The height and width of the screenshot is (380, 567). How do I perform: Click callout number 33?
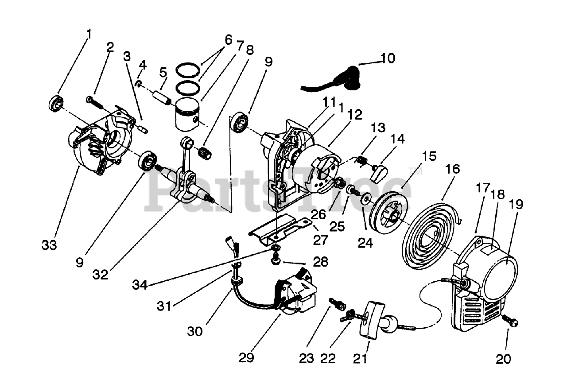pos(50,244)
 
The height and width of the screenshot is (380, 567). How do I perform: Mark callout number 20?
pos(503,359)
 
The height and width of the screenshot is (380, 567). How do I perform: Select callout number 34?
pos(140,286)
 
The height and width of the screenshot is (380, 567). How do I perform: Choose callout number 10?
pos(388,59)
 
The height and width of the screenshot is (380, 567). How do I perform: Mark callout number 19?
pos(517,204)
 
